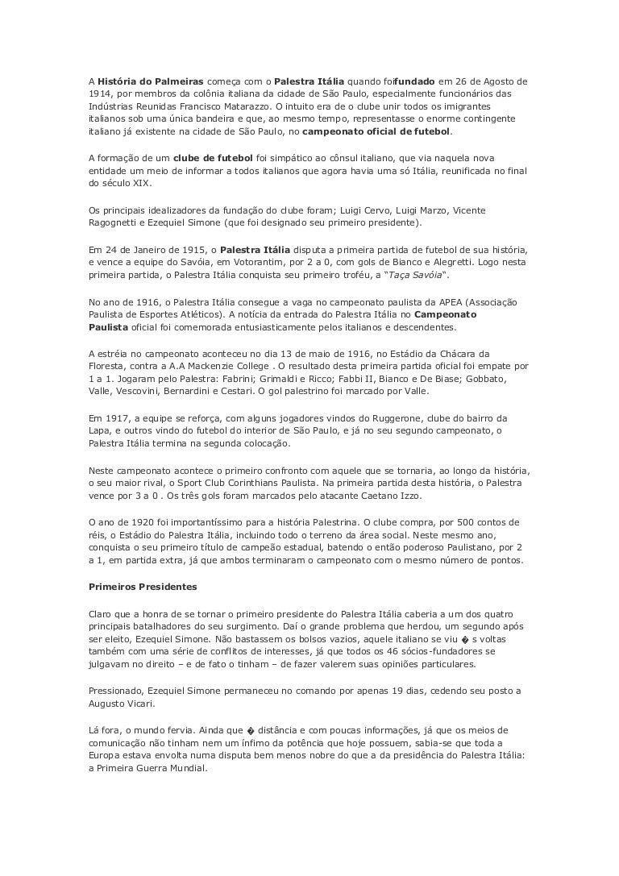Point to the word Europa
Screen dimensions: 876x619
tap(106, 755)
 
